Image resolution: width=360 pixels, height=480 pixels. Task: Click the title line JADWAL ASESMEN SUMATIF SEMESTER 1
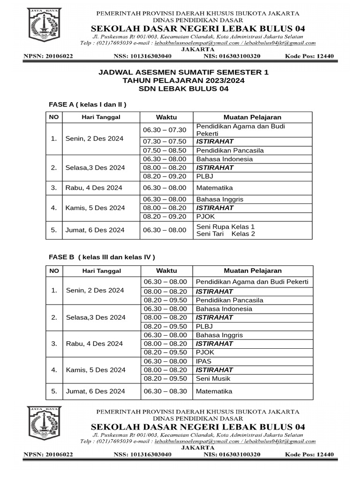[x=184, y=73]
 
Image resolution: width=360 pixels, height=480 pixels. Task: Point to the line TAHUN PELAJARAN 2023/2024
[x=184, y=81]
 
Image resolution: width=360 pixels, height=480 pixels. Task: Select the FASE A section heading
[x=88, y=104]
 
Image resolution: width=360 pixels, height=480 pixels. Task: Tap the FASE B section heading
[x=102, y=257]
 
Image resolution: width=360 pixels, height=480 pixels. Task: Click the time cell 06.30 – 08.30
[x=165, y=391]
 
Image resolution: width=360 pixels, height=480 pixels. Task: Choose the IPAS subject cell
[x=204, y=361]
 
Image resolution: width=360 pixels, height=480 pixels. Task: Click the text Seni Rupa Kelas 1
[x=225, y=226]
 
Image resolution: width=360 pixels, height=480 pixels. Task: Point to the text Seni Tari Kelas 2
[x=225, y=233]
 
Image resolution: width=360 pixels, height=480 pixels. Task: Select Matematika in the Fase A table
[x=215, y=187]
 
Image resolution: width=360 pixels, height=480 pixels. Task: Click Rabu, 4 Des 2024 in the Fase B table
[x=94, y=344]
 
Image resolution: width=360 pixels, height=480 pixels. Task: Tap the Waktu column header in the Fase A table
[x=166, y=117]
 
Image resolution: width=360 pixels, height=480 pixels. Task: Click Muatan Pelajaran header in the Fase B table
[x=253, y=270]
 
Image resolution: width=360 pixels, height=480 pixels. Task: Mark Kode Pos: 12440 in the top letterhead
[x=309, y=56]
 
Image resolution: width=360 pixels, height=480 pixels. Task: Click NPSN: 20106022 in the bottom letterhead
[x=48, y=454]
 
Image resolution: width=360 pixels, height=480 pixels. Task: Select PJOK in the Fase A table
[x=205, y=217]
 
